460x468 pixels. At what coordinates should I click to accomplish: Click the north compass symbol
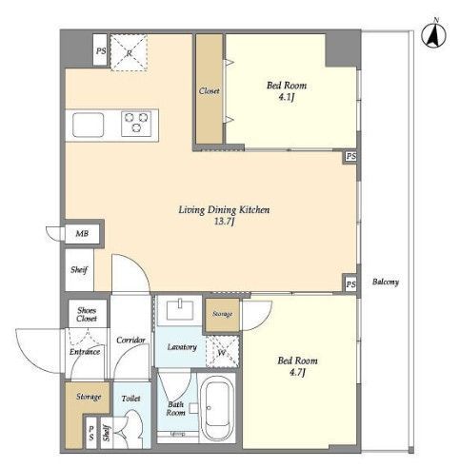(434, 34)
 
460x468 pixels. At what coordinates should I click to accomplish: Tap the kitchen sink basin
(88, 125)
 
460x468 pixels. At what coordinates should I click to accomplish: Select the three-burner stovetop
(136, 124)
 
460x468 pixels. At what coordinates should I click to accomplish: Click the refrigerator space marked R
(129, 52)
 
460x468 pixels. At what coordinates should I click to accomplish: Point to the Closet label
(210, 91)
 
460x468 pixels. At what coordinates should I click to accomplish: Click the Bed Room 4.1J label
(287, 90)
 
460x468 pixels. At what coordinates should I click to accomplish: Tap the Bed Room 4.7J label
(297, 366)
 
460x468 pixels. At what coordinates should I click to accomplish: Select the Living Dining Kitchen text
(224, 210)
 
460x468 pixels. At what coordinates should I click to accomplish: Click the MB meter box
(82, 234)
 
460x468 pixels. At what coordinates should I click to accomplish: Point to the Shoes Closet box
(87, 314)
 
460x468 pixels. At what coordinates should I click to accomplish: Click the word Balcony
(386, 282)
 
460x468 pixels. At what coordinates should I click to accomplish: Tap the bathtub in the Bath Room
(217, 406)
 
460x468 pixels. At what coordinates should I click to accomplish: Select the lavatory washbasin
(180, 310)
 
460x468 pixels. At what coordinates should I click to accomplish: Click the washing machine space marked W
(222, 352)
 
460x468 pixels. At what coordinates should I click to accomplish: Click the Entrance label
(85, 352)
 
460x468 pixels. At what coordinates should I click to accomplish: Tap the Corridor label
(130, 341)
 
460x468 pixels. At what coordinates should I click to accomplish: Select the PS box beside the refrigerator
(100, 49)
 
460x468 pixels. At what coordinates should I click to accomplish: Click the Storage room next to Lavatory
(222, 315)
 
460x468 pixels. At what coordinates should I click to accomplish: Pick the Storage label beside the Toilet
(89, 397)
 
